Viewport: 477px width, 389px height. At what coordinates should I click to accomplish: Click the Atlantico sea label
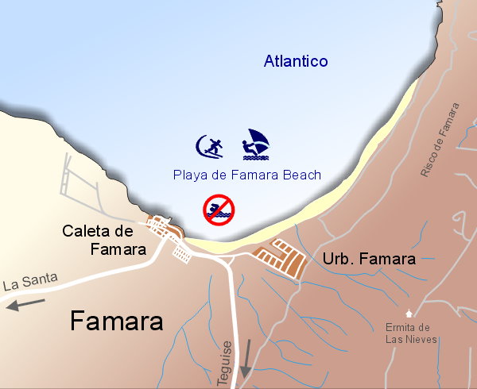tap(296, 62)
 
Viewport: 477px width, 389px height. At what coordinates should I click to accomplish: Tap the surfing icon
tap(210, 146)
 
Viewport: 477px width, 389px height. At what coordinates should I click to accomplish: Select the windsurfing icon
tap(256, 143)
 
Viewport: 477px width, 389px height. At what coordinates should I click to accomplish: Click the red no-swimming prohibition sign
tap(218, 209)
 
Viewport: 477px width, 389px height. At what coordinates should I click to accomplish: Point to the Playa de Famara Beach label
tap(246, 175)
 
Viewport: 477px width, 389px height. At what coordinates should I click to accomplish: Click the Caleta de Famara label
tap(104, 241)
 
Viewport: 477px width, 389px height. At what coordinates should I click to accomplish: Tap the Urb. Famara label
tap(369, 259)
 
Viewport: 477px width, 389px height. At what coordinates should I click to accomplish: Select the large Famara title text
tap(116, 321)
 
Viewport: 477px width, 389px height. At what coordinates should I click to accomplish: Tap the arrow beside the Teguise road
tap(246, 360)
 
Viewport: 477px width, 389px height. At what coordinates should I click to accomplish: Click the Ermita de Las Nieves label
tap(408, 333)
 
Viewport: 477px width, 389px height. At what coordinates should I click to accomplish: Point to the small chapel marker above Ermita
tap(409, 313)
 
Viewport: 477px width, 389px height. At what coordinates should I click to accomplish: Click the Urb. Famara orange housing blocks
tap(279, 256)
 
